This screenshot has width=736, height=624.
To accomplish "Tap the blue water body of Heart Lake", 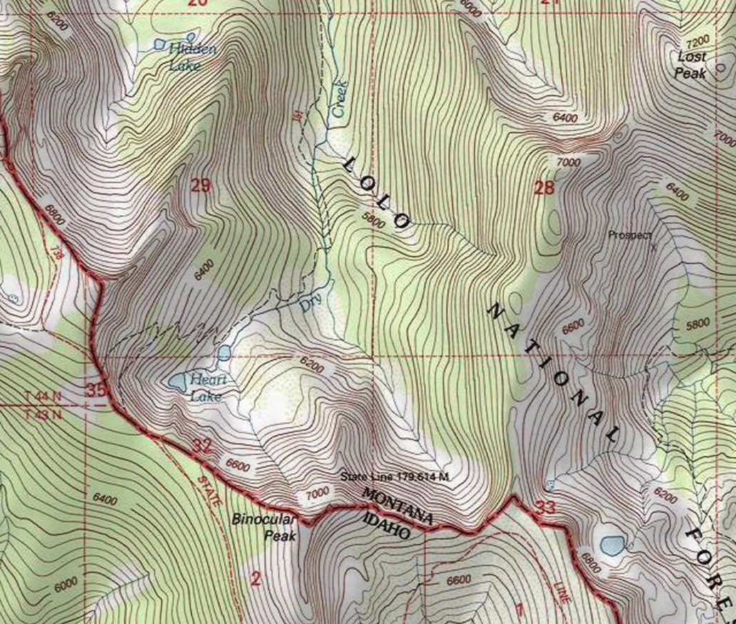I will click(177, 381).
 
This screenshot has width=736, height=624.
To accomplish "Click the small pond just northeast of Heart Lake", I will click(224, 354).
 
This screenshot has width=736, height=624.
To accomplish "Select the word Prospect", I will click(629, 235).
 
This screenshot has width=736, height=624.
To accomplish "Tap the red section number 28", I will click(544, 187).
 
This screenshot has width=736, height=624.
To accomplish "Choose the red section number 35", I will click(96, 390).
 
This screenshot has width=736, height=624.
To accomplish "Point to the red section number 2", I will click(256, 578).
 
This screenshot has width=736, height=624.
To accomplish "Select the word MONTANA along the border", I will click(397, 507).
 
